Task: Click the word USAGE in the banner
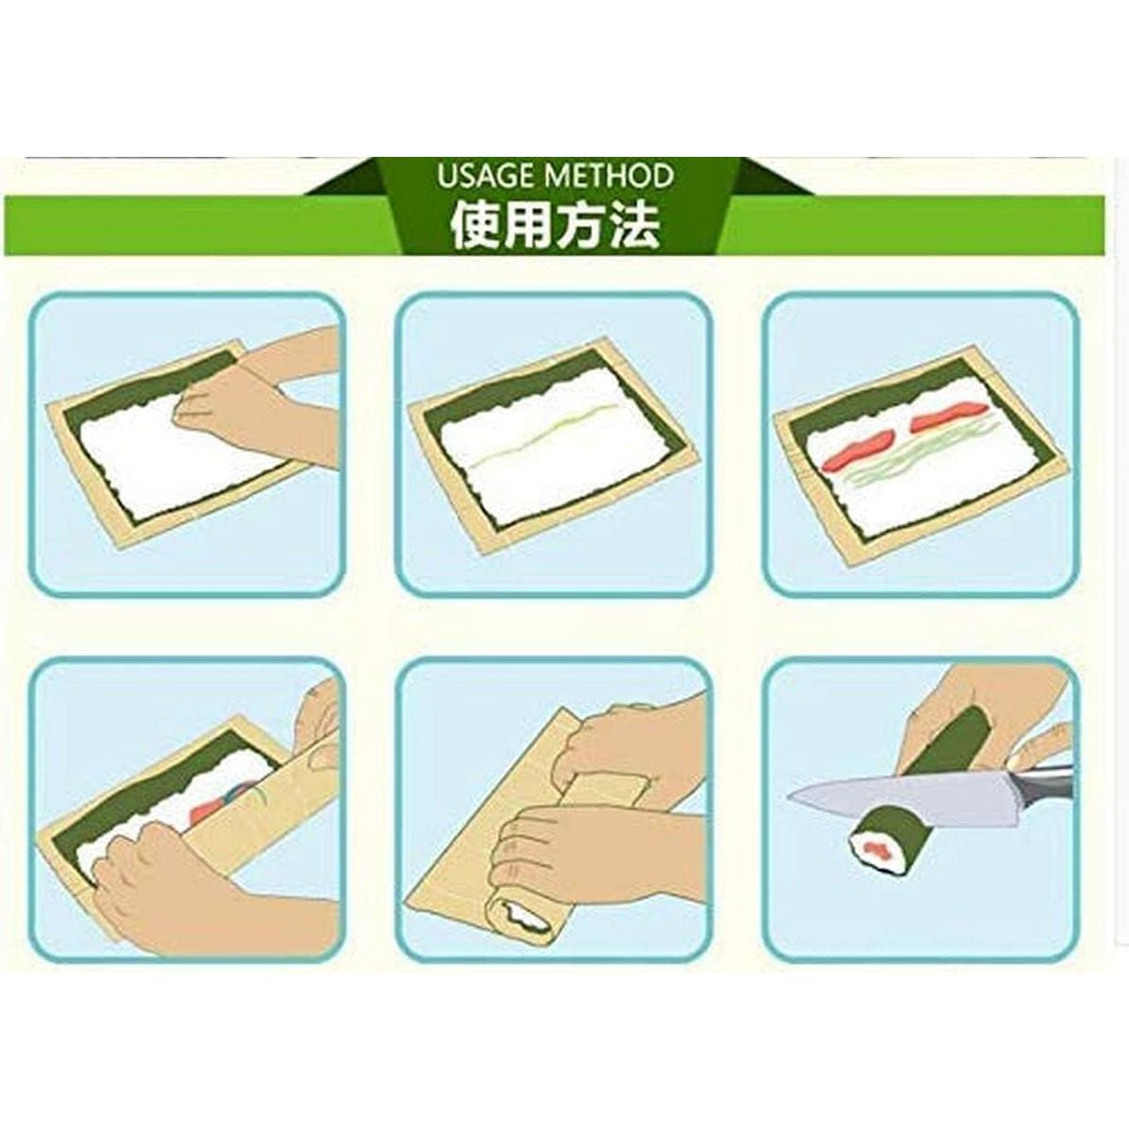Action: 483,176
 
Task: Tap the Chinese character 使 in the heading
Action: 475,227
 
